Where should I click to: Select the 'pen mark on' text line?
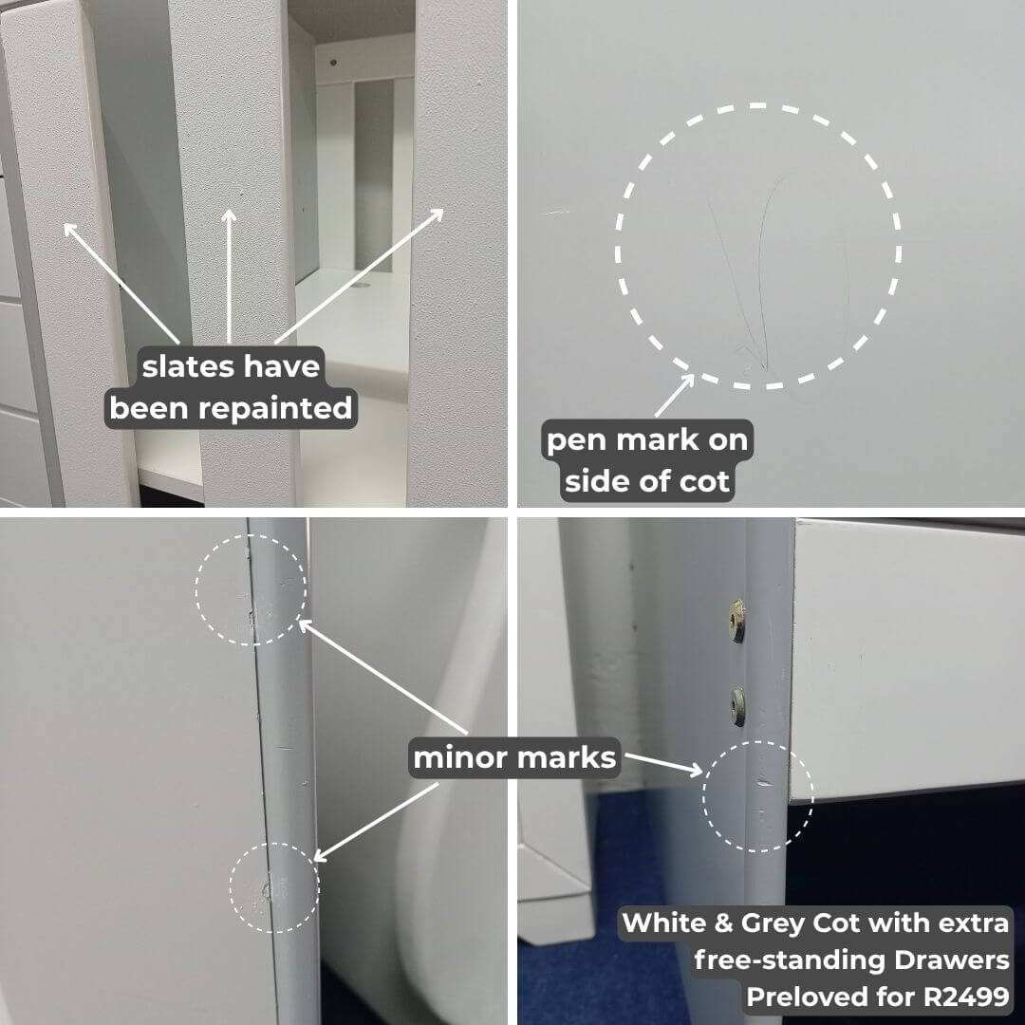[x=647, y=440]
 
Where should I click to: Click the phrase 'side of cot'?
[x=646, y=481]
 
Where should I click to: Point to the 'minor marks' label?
[x=514, y=757]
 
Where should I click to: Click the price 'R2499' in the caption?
[x=966, y=997]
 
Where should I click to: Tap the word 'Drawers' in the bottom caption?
[x=952, y=960]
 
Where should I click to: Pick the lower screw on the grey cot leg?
[x=738, y=707]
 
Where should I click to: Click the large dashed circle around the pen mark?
[x=617, y=247]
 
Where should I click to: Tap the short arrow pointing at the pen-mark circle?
[x=675, y=395]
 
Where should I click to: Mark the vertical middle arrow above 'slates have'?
[x=229, y=276]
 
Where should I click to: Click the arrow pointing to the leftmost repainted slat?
[x=121, y=283]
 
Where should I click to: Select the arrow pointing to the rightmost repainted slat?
[x=359, y=276]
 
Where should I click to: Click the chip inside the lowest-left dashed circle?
[x=266, y=890]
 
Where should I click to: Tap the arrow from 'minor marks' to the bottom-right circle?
[x=662, y=764]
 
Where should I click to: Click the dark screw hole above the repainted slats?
[x=333, y=64]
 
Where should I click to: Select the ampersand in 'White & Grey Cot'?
[x=723, y=923]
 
